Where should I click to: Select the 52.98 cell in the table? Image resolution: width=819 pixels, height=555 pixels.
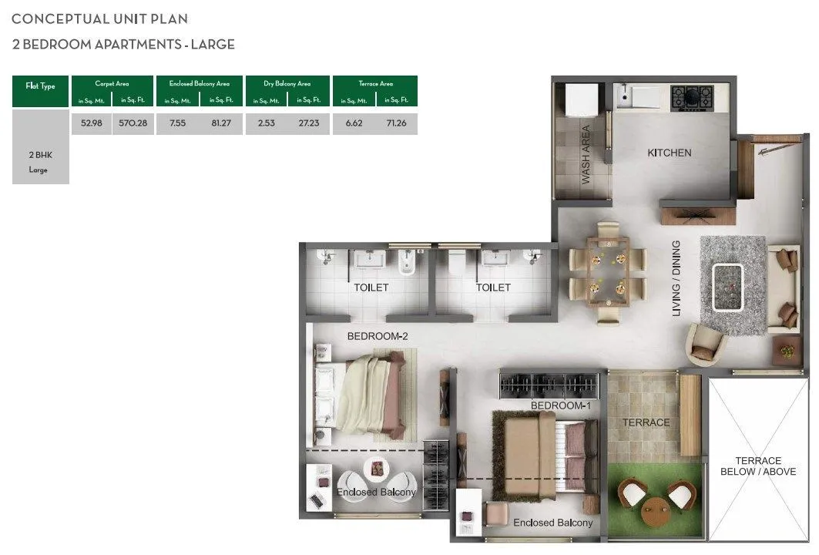click(92, 123)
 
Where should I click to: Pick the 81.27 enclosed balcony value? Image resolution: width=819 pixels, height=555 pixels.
click(221, 123)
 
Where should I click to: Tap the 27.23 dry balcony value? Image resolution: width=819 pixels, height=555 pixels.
click(309, 123)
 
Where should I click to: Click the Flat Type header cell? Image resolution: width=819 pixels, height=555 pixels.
click(41, 86)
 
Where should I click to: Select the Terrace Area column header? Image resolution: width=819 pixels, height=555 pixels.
click(375, 83)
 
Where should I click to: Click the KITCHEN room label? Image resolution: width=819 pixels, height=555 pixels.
click(669, 153)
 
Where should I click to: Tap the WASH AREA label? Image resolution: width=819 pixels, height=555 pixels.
click(586, 154)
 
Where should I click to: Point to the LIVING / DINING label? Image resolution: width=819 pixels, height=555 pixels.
click(676, 278)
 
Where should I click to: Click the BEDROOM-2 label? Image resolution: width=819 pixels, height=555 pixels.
click(378, 336)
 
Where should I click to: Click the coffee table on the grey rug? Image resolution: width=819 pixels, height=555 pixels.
click(728, 287)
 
